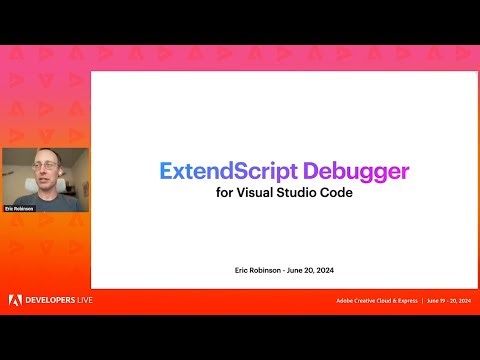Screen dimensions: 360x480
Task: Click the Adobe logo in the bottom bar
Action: (x=15, y=301)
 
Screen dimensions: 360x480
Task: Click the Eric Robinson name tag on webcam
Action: (x=19, y=208)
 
